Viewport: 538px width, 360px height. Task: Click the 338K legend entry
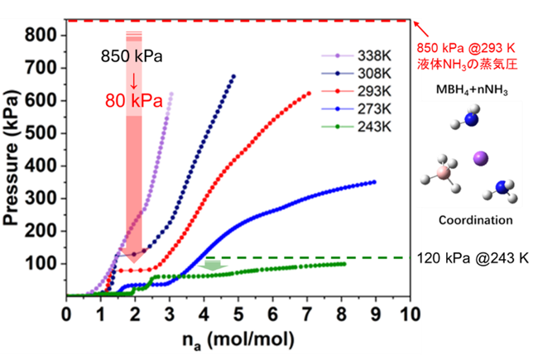point(356,55)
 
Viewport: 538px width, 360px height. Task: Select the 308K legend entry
point(356,74)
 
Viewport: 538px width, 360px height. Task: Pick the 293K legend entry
point(356,91)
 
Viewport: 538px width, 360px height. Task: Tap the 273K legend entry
point(356,109)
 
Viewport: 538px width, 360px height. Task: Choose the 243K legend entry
point(356,127)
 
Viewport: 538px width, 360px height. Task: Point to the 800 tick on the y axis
point(41,36)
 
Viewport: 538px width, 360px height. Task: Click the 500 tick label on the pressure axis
point(41,133)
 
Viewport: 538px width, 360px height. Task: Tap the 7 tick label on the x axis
point(307,314)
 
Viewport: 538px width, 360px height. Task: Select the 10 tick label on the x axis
point(410,314)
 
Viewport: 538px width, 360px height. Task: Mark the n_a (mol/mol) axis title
point(238,340)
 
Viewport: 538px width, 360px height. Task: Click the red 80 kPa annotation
point(134,101)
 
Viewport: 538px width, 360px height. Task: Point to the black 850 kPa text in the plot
point(132,56)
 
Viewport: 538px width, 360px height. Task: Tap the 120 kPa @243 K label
point(473,258)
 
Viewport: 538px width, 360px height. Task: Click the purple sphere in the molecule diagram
point(480,159)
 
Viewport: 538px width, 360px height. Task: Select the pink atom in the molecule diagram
point(444,173)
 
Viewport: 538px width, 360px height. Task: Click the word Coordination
point(476,220)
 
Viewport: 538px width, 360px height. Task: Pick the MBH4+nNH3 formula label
point(472,90)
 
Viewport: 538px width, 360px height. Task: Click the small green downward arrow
point(213,265)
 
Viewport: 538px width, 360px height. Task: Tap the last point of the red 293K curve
point(310,94)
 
